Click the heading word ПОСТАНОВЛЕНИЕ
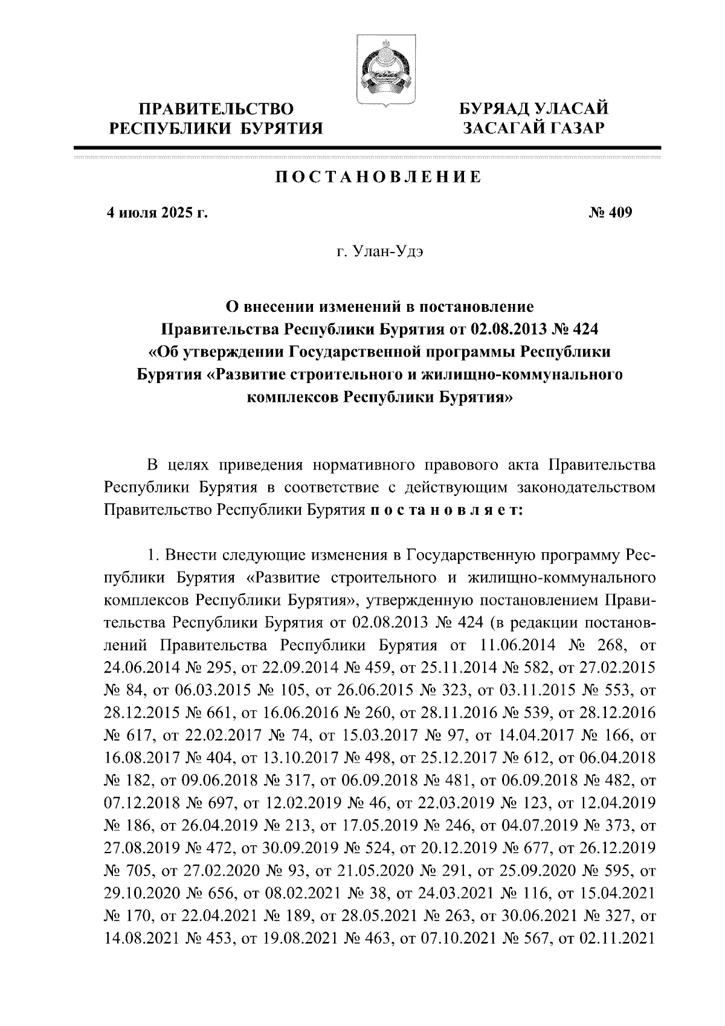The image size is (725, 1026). (x=379, y=177)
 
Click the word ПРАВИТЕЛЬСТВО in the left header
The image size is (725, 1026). (x=217, y=109)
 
